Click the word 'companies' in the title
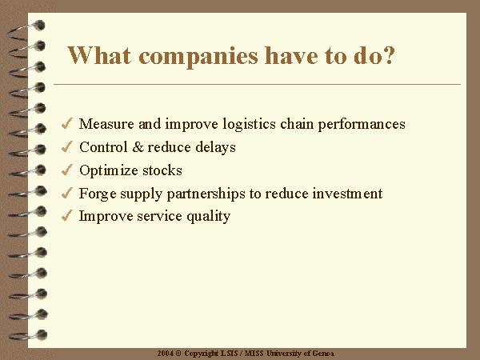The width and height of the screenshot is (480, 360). click(198, 57)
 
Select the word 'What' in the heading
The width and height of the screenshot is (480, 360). click(99, 55)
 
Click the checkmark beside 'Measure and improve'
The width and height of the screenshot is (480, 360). click(66, 123)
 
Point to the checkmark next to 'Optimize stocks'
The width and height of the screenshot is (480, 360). click(66, 170)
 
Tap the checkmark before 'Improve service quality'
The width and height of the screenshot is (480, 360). click(66, 215)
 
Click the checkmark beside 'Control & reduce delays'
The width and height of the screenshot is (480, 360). click(66, 146)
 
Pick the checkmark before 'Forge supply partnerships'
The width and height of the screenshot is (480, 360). click(66, 193)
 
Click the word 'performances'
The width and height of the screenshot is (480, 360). click(362, 125)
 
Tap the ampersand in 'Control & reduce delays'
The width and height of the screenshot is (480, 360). click(138, 147)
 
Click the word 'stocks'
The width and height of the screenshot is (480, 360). click(162, 170)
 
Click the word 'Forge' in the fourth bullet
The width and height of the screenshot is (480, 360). click(98, 194)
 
